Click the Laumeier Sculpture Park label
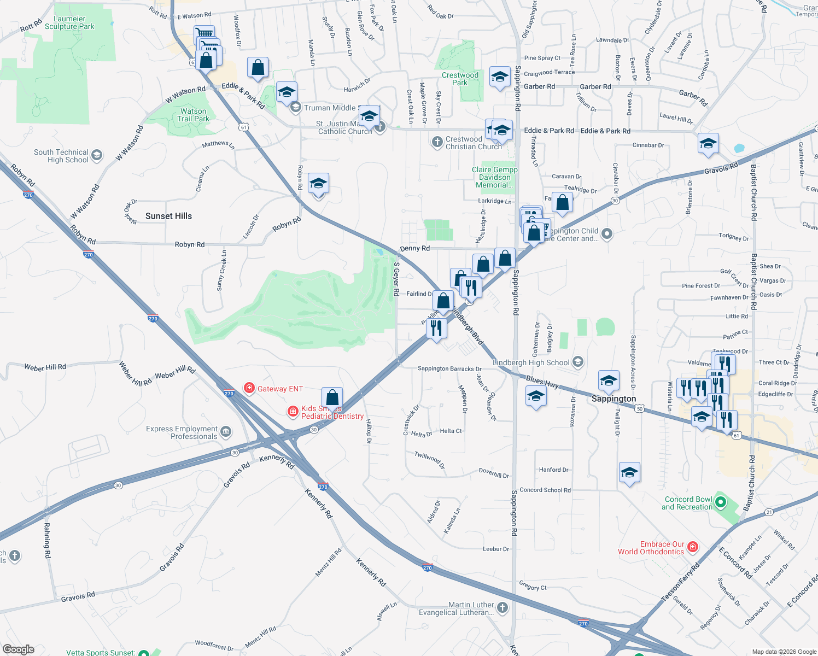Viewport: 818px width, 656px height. pos(69,22)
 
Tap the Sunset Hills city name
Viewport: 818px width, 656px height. pos(168,216)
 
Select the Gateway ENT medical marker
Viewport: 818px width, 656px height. pos(249,388)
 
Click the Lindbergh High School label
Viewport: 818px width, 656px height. pos(531,362)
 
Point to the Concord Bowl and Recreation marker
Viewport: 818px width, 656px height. pos(721,502)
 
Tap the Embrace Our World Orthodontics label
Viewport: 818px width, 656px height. pos(651,548)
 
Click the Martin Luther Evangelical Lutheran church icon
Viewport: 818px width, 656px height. pos(503,607)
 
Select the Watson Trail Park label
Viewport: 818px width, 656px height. pos(193,115)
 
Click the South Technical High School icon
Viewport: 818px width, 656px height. pos(97,155)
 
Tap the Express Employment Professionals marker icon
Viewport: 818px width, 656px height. pos(226,432)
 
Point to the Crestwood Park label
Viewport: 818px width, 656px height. pos(460,79)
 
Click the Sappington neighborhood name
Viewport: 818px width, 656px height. pos(613,399)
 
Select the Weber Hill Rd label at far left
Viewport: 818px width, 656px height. pos(45,367)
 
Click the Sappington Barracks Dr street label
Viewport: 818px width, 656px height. pos(449,369)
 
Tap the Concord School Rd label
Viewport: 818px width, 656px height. pos(545,490)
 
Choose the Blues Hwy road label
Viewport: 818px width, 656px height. pos(542,382)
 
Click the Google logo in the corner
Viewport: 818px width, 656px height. pos(19,649)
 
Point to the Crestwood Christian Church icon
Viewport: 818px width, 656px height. pos(437,142)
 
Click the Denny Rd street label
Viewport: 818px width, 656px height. pos(414,248)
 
